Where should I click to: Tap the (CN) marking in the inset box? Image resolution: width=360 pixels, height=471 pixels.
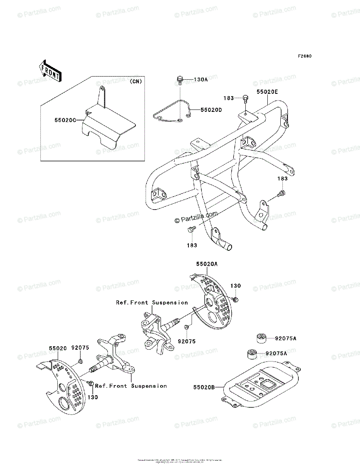(135, 82)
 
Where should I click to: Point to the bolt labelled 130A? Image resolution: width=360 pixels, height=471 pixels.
(179, 80)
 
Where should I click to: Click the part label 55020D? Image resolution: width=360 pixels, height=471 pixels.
(211, 110)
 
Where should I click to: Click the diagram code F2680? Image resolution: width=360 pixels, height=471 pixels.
(304, 56)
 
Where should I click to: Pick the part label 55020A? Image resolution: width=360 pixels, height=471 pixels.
(206, 264)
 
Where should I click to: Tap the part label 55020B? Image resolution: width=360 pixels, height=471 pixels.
(204, 387)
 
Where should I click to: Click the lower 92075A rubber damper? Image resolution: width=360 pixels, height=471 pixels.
(251, 353)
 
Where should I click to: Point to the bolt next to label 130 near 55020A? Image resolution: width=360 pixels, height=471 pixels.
(235, 299)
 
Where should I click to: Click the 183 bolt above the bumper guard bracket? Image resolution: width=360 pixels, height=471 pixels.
(245, 98)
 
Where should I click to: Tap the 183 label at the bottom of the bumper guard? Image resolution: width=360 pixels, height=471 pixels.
(192, 245)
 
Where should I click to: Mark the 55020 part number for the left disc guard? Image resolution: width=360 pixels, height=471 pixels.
(58, 348)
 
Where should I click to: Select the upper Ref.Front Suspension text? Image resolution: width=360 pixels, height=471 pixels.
(152, 303)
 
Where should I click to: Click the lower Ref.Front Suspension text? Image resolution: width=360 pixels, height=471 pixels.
(131, 386)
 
